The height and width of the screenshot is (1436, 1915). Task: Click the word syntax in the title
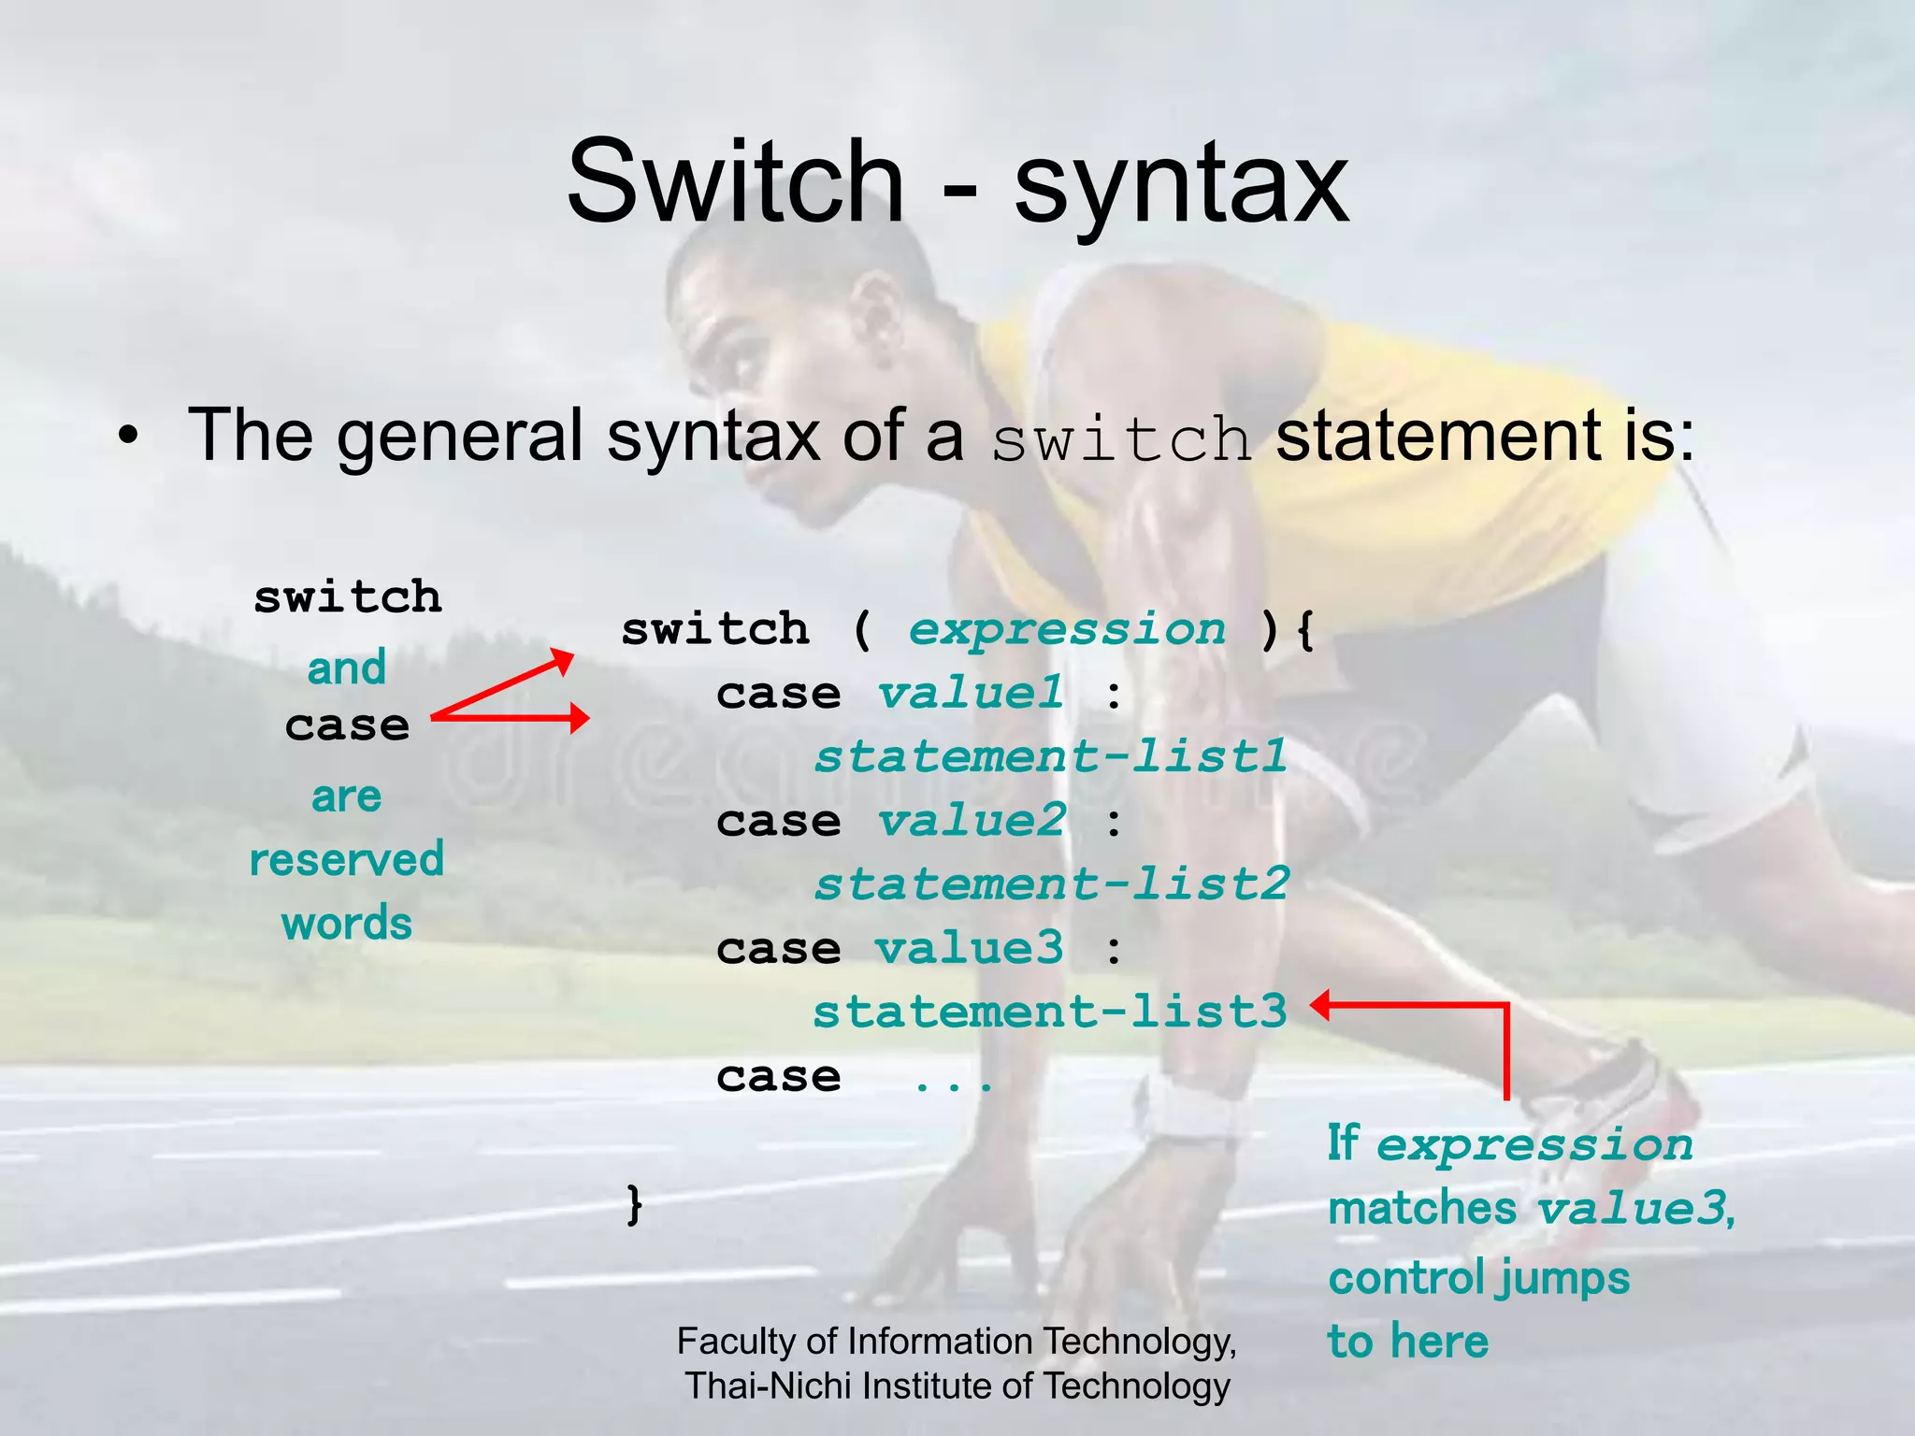coord(1181,187)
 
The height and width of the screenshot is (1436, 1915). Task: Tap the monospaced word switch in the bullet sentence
coord(1120,439)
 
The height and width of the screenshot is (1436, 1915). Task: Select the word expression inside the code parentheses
coord(1067,629)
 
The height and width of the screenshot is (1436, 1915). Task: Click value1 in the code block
coord(971,694)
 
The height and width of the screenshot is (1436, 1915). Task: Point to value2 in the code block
coord(972,822)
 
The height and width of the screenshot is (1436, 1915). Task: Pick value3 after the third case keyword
coord(970,949)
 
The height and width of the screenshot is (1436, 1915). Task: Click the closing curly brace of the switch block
coord(635,1203)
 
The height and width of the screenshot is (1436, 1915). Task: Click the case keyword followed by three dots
coord(778,1077)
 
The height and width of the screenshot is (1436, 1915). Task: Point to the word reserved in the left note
coord(346,860)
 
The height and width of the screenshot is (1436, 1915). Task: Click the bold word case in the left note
coord(347,726)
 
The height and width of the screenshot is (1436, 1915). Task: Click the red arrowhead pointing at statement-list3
coord(1321,1006)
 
